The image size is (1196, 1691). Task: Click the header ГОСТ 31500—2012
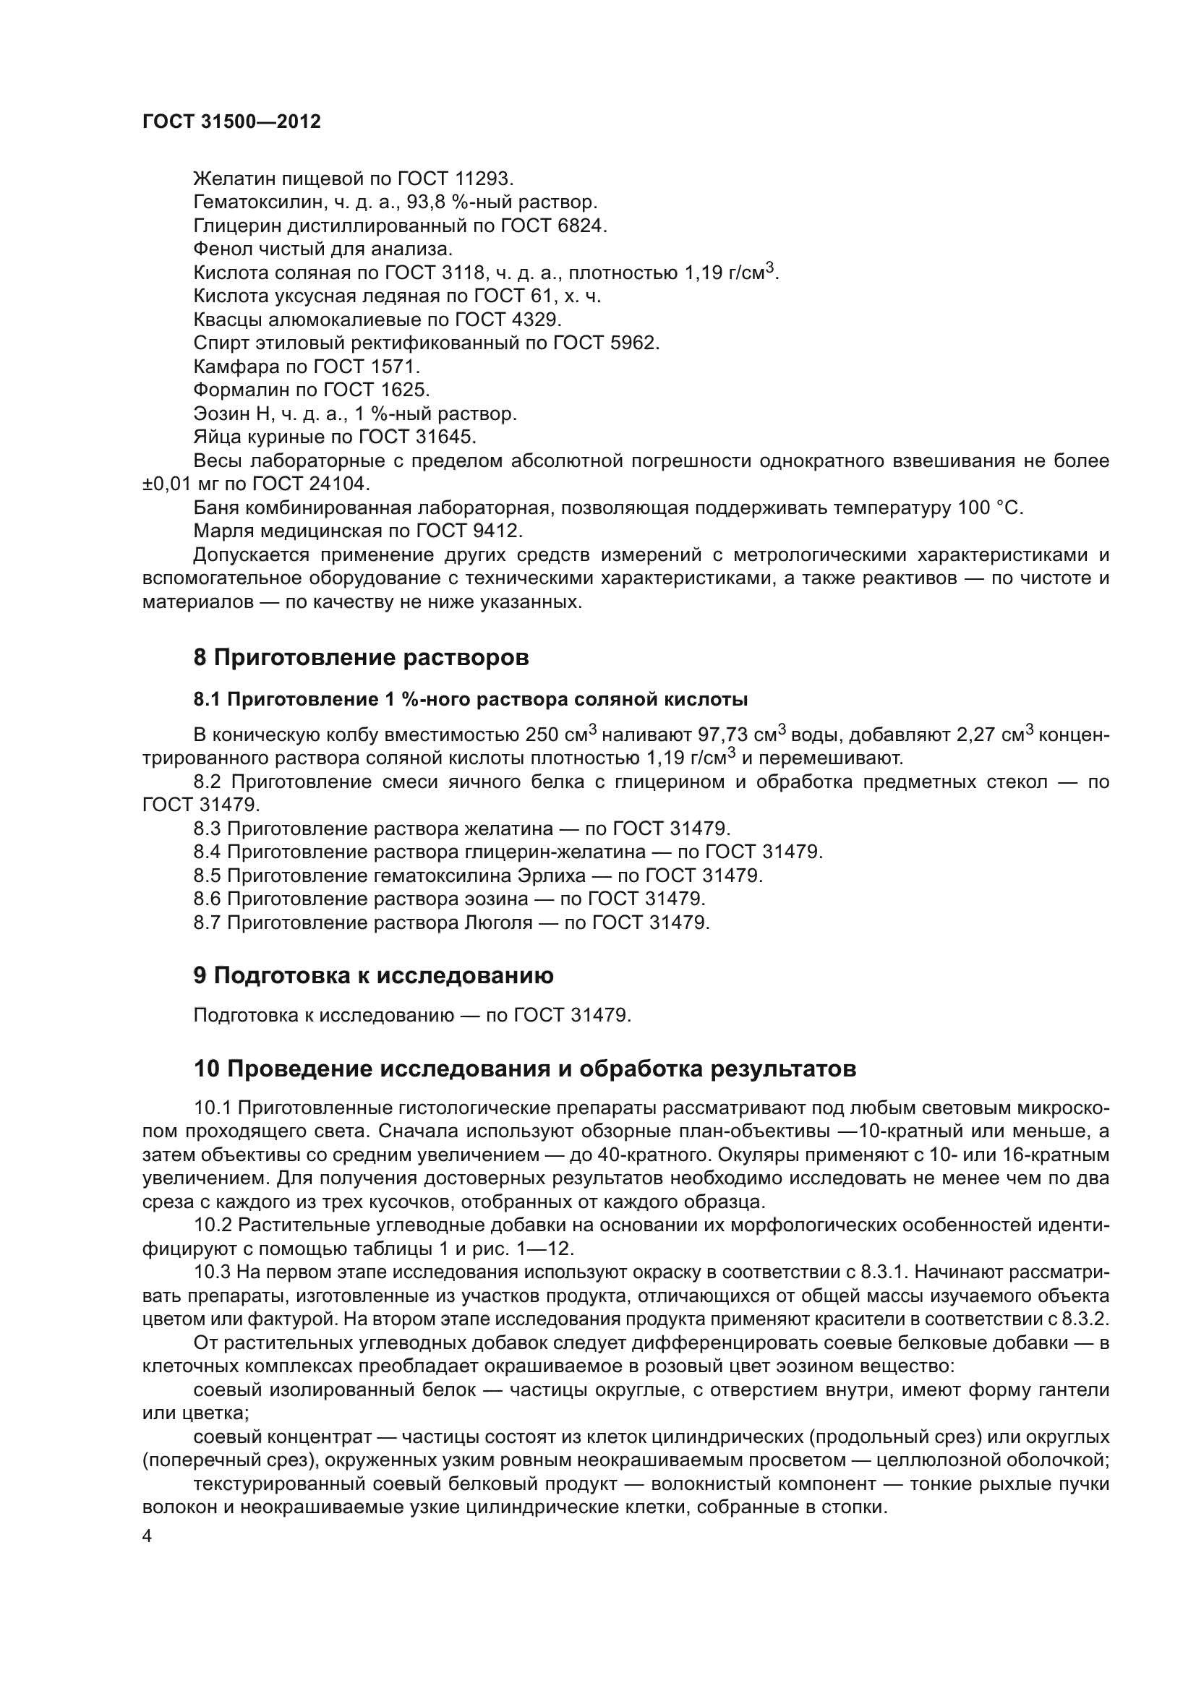tap(231, 122)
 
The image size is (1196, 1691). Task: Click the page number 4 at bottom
tap(148, 1536)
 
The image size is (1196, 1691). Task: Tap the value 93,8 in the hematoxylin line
tap(464, 202)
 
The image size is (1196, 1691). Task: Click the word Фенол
tap(223, 249)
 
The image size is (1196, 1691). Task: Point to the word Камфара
tap(234, 367)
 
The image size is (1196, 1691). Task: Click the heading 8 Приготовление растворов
tap(361, 658)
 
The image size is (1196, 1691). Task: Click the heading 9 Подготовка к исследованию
tap(373, 976)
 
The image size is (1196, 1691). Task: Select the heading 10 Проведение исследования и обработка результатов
tap(524, 1069)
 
